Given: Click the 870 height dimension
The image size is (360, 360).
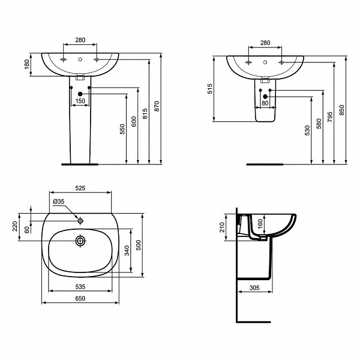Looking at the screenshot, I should pos(157,106).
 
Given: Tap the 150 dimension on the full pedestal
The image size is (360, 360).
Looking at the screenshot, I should pos(80,101).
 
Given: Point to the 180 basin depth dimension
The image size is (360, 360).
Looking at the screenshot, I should pos(26,64).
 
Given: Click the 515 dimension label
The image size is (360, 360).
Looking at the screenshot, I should pos(209,88).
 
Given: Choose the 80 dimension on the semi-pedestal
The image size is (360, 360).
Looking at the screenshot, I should pos(265,103).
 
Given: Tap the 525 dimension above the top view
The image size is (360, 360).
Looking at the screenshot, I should pos(80,188).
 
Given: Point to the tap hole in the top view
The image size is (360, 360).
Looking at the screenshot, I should pos(80,220).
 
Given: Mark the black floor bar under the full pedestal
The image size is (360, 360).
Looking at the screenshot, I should pos(80,163).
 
